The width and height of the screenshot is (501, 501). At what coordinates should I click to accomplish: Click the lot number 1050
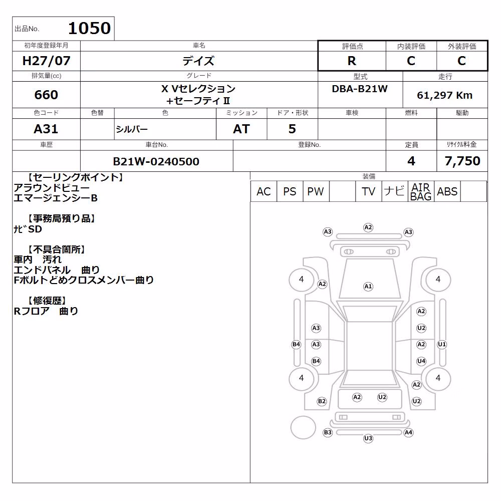[90, 28]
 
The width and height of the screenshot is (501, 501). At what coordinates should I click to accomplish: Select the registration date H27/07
[46, 61]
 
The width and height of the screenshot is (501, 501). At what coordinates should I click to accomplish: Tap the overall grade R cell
[352, 61]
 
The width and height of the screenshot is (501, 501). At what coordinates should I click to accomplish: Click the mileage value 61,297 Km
[445, 95]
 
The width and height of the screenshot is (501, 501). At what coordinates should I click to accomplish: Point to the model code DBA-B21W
[360, 89]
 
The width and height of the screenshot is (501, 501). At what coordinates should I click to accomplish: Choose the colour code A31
[46, 129]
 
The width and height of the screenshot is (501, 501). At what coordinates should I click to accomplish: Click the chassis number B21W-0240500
[156, 161]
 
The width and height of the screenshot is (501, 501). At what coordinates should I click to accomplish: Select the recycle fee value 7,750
[462, 161]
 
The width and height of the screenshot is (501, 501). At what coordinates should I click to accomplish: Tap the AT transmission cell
[241, 129]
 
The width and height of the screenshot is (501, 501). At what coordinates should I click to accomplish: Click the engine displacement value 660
[46, 95]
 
